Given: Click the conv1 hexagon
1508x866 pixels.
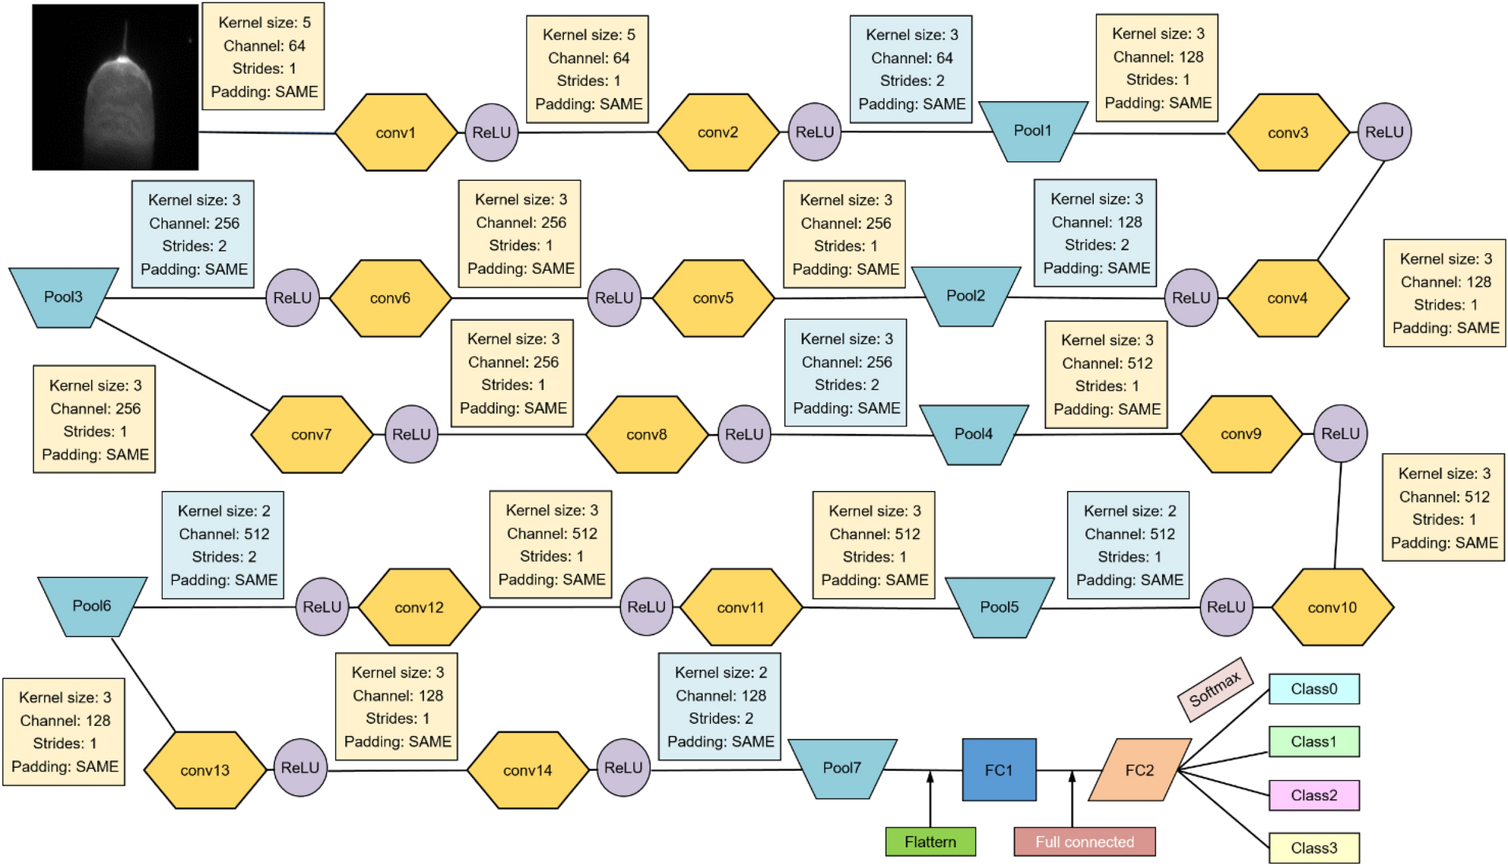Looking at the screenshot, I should point(396,132).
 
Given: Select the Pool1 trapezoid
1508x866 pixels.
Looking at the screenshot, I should point(1032,131).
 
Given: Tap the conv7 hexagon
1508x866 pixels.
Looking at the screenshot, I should point(312,434).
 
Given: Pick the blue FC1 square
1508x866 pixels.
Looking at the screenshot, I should point(999,769).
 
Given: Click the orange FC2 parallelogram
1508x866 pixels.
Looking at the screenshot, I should point(1139,769).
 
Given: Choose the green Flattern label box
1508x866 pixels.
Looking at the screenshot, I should point(930,842).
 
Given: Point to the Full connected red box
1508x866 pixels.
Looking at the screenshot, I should point(1085,842).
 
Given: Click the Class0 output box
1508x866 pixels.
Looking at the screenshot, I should point(1313,689).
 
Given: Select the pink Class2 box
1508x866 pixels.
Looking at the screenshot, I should point(1313,795).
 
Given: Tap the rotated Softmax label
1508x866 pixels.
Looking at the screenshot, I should point(1215,689).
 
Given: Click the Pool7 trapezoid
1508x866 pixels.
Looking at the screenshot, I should point(842,768).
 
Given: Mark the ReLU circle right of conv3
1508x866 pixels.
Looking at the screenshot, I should point(1384,132).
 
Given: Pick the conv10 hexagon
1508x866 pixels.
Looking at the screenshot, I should point(1332,607).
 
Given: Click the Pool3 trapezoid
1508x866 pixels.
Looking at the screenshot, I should point(63,297).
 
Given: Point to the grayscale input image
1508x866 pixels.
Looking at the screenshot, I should point(116,87).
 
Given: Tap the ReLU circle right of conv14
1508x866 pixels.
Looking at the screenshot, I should point(623,768).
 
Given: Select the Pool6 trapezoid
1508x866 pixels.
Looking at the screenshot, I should point(92,605).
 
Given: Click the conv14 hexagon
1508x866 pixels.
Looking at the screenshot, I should point(527,769).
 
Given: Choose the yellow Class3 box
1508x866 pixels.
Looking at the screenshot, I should point(1313,848).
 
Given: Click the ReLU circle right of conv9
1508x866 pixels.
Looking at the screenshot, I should point(1340,433).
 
